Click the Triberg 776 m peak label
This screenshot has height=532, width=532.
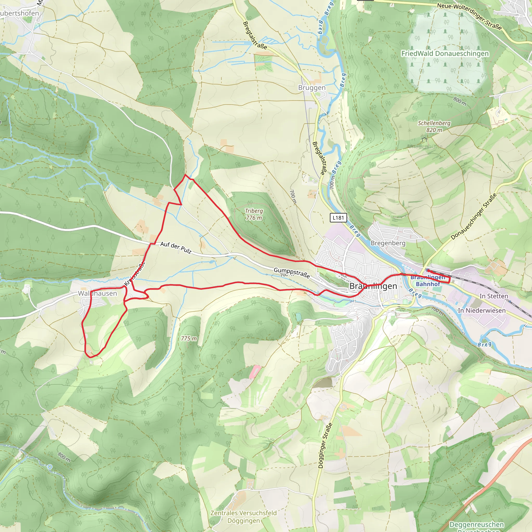click(254, 214)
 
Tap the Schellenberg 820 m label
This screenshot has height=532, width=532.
click(434, 127)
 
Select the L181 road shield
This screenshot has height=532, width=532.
click(338, 218)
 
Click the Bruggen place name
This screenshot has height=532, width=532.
click(312, 88)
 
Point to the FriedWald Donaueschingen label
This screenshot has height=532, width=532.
click(445, 54)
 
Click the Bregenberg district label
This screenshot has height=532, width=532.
click(388, 243)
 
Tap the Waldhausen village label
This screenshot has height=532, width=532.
click(97, 294)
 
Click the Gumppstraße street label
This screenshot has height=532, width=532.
click(292, 272)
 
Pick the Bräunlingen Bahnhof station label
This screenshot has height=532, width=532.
click(428, 281)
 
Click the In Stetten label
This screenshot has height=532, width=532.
click(494, 296)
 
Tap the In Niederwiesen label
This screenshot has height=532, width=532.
click(482, 310)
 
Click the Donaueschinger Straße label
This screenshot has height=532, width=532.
click(474, 216)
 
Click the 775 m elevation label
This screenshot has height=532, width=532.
click(189, 338)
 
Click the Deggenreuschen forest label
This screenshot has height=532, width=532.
click(477, 524)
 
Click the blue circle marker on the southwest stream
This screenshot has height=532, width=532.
click(50, 467)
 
